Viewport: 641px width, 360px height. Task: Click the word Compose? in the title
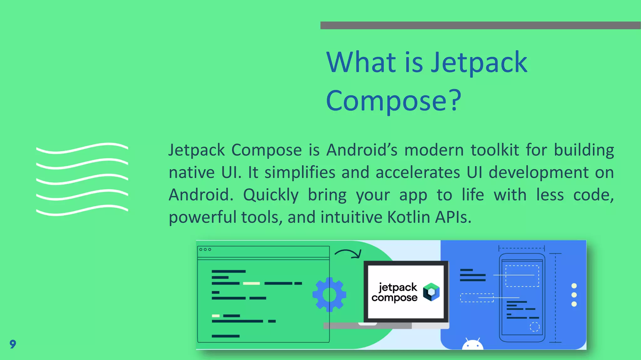[x=393, y=101]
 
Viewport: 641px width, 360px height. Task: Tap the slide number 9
[x=13, y=344]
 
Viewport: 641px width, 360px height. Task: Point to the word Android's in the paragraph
[x=362, y=150]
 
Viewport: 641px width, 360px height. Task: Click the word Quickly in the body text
[x=271, y=195]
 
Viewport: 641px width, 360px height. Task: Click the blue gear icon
[x=329, y=294]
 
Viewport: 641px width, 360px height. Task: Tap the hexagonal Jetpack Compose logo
[x=431, y=292]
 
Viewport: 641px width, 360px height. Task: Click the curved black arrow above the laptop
[x=348, y=253]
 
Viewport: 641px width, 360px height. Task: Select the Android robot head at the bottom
[x=473, y=344]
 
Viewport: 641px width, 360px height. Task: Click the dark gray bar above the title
[x=480, y=25]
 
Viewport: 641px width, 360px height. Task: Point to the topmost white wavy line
[x=82, y=148]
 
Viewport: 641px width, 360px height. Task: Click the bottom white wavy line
[x=82, y=210]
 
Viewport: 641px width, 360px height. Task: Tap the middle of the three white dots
[x=574, y=295]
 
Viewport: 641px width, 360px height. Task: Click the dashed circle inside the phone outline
[x=535, y=327]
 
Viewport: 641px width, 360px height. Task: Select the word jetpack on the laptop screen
[x=397, y=287]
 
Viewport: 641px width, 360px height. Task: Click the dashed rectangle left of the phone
[x=477, y=298]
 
